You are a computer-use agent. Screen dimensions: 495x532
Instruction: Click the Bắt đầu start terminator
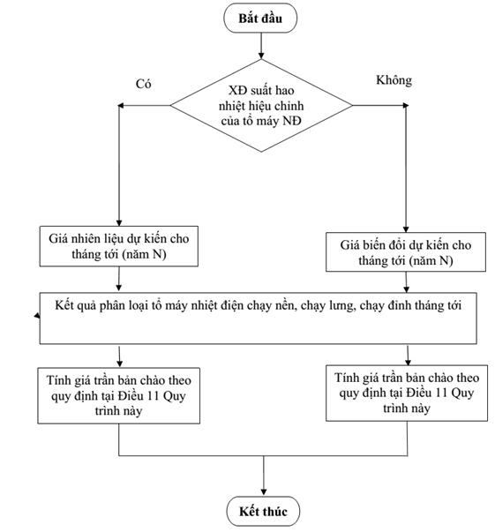point(260,18)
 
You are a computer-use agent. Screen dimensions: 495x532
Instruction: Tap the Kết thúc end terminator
point(263,511)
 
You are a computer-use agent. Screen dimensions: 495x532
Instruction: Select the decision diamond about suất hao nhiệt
point(261,106)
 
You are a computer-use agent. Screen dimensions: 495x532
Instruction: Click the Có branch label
point(143,84)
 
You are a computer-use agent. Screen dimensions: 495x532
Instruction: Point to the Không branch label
point(394,80)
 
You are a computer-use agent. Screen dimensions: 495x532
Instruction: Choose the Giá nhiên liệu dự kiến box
point(119,246)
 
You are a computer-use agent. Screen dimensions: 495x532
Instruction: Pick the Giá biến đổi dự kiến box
point(406,251)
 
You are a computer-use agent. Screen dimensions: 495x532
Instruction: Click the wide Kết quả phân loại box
point(258,318)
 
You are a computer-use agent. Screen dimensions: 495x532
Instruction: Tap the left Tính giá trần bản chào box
point(119,395)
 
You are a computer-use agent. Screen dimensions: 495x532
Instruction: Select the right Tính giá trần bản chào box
point(407,393)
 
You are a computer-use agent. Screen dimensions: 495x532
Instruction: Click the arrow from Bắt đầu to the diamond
point(261,46)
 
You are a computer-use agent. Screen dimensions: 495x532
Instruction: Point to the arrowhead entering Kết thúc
point(264,492)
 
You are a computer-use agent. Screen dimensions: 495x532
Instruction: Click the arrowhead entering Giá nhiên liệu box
point(119,222)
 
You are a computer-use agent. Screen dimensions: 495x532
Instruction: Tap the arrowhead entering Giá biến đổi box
point(406,229)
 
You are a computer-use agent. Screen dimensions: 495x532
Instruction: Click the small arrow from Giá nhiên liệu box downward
point(119,279)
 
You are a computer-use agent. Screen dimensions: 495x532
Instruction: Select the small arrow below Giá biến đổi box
point(406,282)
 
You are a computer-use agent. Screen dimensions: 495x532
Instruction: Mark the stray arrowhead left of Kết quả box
point(37,316)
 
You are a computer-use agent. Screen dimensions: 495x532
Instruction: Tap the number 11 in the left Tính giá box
point(151,395)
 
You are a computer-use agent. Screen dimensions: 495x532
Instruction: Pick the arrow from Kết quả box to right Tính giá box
point(408,356)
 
